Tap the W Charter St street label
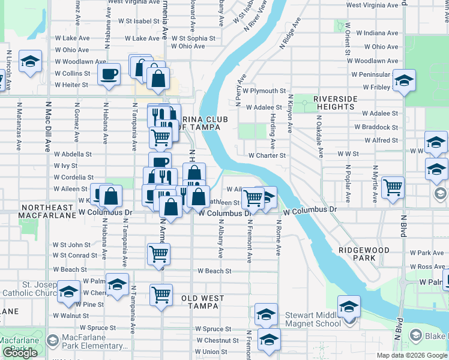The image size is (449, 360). tap(267, 155)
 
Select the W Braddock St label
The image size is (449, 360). tap(376, 127)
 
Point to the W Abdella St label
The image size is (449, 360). tap(73, 154)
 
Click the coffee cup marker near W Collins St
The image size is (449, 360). tap(109, 74)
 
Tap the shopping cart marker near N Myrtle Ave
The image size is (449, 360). tap(393, 187)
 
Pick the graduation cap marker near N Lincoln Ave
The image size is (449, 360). tap(30, 62)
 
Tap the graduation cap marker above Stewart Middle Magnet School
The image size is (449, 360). tap(349, 305)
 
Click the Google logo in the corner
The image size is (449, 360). tap(20, 353)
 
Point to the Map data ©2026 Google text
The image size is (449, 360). tap(412, 355)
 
